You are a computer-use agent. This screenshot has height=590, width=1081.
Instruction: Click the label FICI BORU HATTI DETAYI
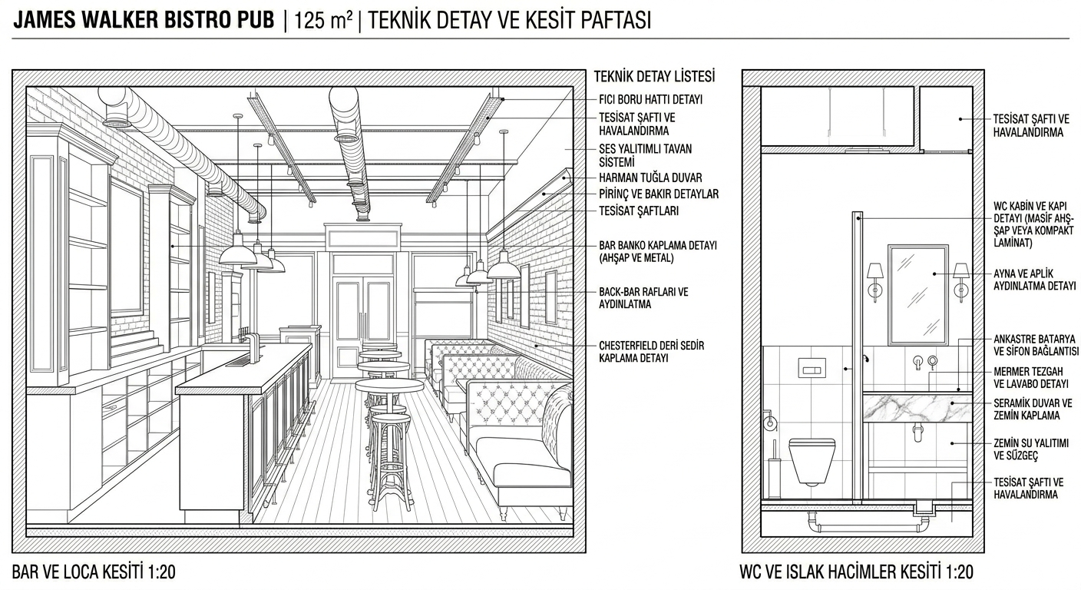[x=650, y=99]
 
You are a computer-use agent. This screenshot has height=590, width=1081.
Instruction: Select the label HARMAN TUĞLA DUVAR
[x=650, y=177]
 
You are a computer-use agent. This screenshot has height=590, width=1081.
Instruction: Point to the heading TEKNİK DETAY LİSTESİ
[x=654, y=76]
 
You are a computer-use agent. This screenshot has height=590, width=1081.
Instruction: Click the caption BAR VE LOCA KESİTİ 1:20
[x=94, y=572]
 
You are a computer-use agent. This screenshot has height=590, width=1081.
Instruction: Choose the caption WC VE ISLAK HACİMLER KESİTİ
[x=840, y=572]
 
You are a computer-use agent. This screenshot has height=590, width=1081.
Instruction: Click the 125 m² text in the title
[x=323, y=22]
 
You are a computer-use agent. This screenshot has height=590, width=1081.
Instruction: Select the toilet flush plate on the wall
[x=812, y=368]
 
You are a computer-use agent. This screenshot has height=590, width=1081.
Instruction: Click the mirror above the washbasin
[x=918, y=295]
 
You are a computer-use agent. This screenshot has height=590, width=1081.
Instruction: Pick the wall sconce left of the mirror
[x=875, y=283]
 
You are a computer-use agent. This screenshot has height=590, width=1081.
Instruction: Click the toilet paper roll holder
[x=770, y=421]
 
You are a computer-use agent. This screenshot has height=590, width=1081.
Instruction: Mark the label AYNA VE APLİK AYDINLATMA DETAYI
[x=1034, y=280]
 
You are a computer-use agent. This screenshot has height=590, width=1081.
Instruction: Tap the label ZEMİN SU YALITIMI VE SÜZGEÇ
[x=1030, y=449]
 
